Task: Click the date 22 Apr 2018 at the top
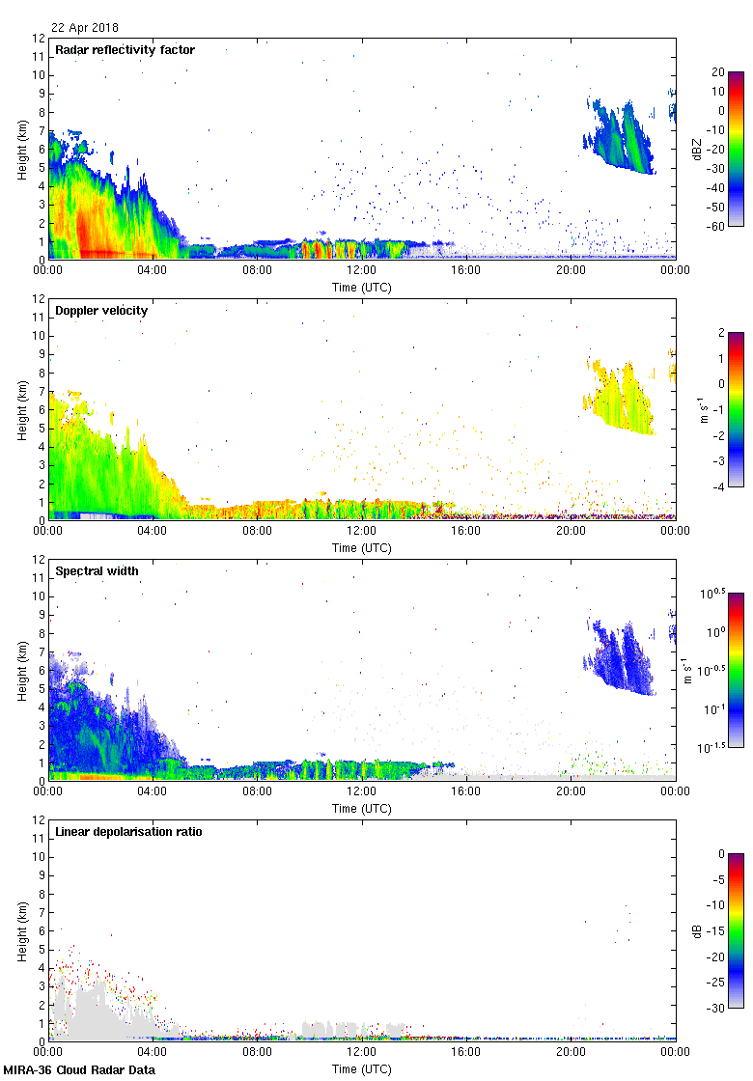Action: click(85, 28)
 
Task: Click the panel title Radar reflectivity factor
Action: click(125, 50)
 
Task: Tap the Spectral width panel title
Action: click(97, 571)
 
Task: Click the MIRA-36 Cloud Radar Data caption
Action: click(79, 1070)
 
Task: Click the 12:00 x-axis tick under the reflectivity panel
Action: click(362, 270)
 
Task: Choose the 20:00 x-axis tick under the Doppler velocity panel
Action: click(571, 531)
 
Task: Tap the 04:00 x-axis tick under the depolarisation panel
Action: click(153, 1052)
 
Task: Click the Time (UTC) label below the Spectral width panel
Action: click(362, 809)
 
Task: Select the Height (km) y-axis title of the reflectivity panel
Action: click(21, 149)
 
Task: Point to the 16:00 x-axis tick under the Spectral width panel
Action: click(466, 791)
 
